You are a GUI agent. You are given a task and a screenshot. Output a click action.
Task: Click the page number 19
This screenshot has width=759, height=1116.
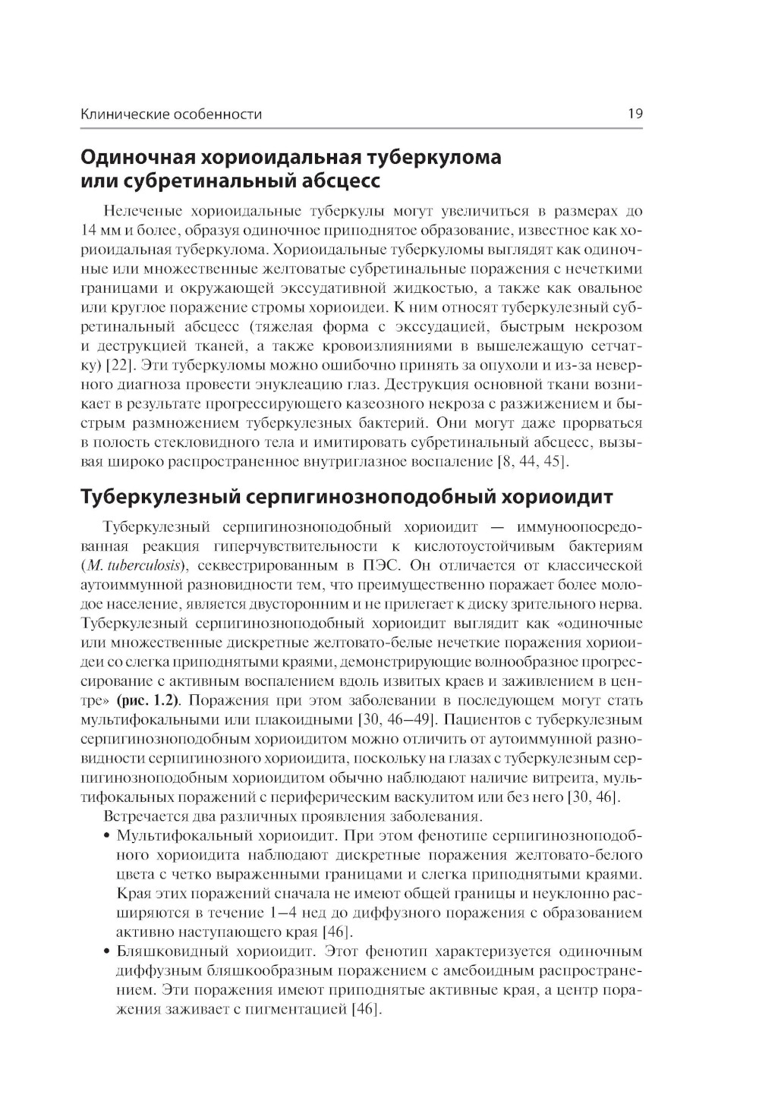coord(635,115)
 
